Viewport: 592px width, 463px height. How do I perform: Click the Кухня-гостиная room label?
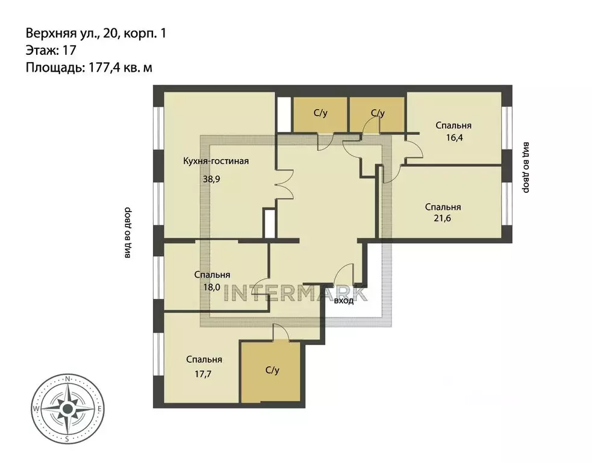pos(216,161)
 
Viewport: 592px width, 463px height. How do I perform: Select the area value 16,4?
pos(453,137)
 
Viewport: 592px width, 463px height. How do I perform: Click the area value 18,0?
pos(211,287)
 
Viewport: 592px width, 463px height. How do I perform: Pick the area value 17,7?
pos(204,373)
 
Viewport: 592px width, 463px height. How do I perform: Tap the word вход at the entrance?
pos(343,300)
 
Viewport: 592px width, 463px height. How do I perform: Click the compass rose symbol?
pos(68,409)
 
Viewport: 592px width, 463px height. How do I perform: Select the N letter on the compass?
pos(68,379)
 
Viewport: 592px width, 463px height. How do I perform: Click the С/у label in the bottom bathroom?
pos(272,370)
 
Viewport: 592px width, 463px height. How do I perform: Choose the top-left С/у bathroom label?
pos(320,113)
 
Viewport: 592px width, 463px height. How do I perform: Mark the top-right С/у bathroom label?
pos(378,113)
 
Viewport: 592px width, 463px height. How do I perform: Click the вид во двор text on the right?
pos(526,168)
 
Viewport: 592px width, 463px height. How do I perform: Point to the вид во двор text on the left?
pos(127,233)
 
